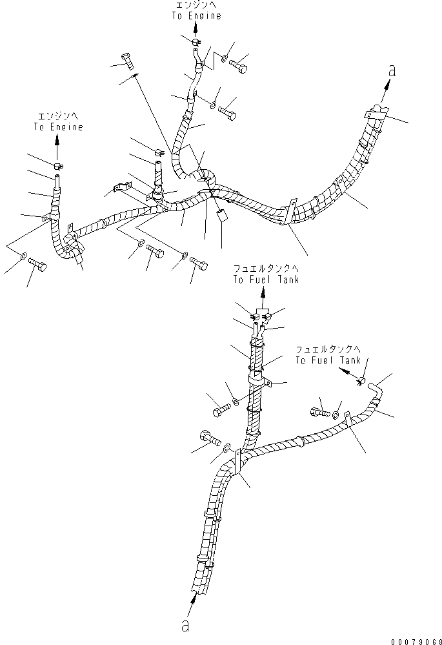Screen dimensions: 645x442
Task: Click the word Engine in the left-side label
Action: pyautogui.click(x=68, y=127)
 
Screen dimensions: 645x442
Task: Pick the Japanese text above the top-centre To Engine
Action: pyautogui.click(x=196, y=5)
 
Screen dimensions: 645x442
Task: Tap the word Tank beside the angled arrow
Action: pyautogui.click(x=351, y=360)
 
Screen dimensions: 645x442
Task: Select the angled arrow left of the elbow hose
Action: pyautogui.click(x=349, y=374)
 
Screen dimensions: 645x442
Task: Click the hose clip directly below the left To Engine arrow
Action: pyautogui.click(x=57, y=168)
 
